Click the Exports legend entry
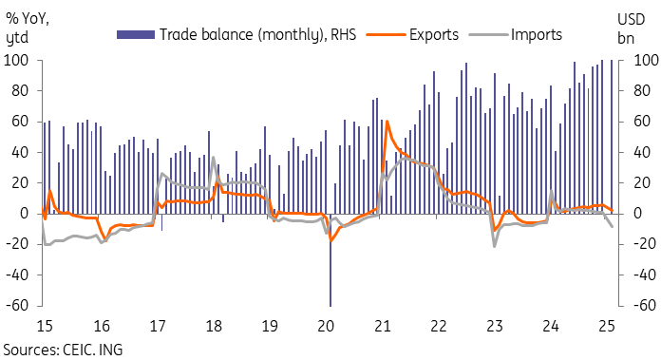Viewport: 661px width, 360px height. pos(434,35)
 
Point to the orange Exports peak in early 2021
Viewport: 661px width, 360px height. pos(387,122)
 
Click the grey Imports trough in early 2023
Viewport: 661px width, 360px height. pos(495,246)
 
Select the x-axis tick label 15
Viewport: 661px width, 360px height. pos(44,325)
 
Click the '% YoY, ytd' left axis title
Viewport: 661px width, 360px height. pos(28,28)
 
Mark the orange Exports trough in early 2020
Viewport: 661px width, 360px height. pos(331,239)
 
